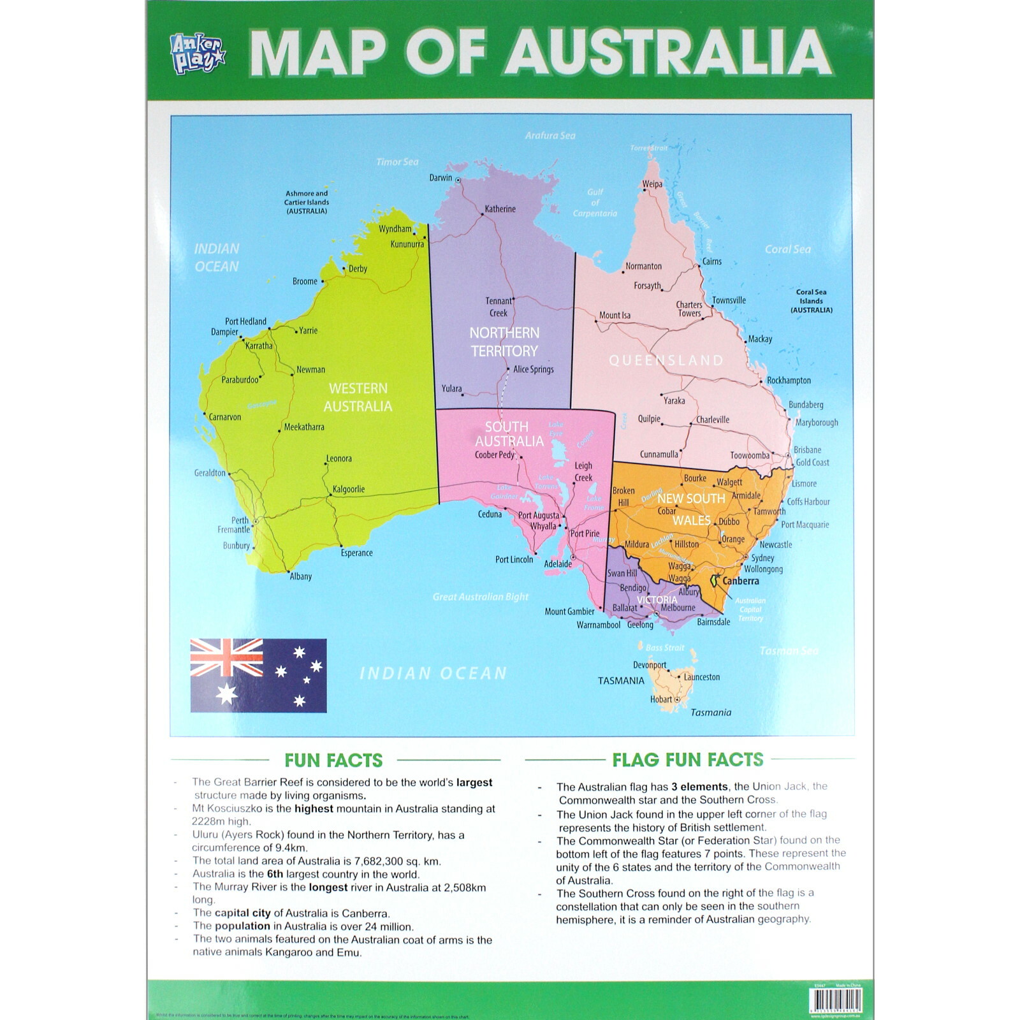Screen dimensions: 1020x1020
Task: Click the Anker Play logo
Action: click(198, 54)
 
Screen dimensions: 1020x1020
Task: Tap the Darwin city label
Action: click(441, 178)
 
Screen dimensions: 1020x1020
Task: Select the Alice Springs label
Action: click(533, 369)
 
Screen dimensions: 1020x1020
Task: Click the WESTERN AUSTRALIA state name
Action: click(358, 397)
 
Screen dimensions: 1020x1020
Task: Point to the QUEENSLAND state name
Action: click(666, 360)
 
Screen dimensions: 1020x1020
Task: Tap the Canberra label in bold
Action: click(740, 581)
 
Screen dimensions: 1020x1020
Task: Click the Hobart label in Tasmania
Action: click(661, 699)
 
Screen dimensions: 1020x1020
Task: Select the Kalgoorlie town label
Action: click(349, 489)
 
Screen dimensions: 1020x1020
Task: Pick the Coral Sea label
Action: click(788, 249)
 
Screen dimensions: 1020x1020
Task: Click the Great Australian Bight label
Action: click(481, 597)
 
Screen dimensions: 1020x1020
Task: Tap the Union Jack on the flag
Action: click(226, 657)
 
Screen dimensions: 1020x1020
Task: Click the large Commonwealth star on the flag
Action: click(226, 694)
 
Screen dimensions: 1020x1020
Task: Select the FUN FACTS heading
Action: click(333, 760)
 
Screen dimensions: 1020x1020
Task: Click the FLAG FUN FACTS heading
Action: click(687, 759)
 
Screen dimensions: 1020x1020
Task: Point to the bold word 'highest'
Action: click(314, 808)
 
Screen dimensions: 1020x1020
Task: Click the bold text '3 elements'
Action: click(699, 787)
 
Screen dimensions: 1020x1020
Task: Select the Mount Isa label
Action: click(615, 316)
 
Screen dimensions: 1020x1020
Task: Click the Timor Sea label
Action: click(397, 162)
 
